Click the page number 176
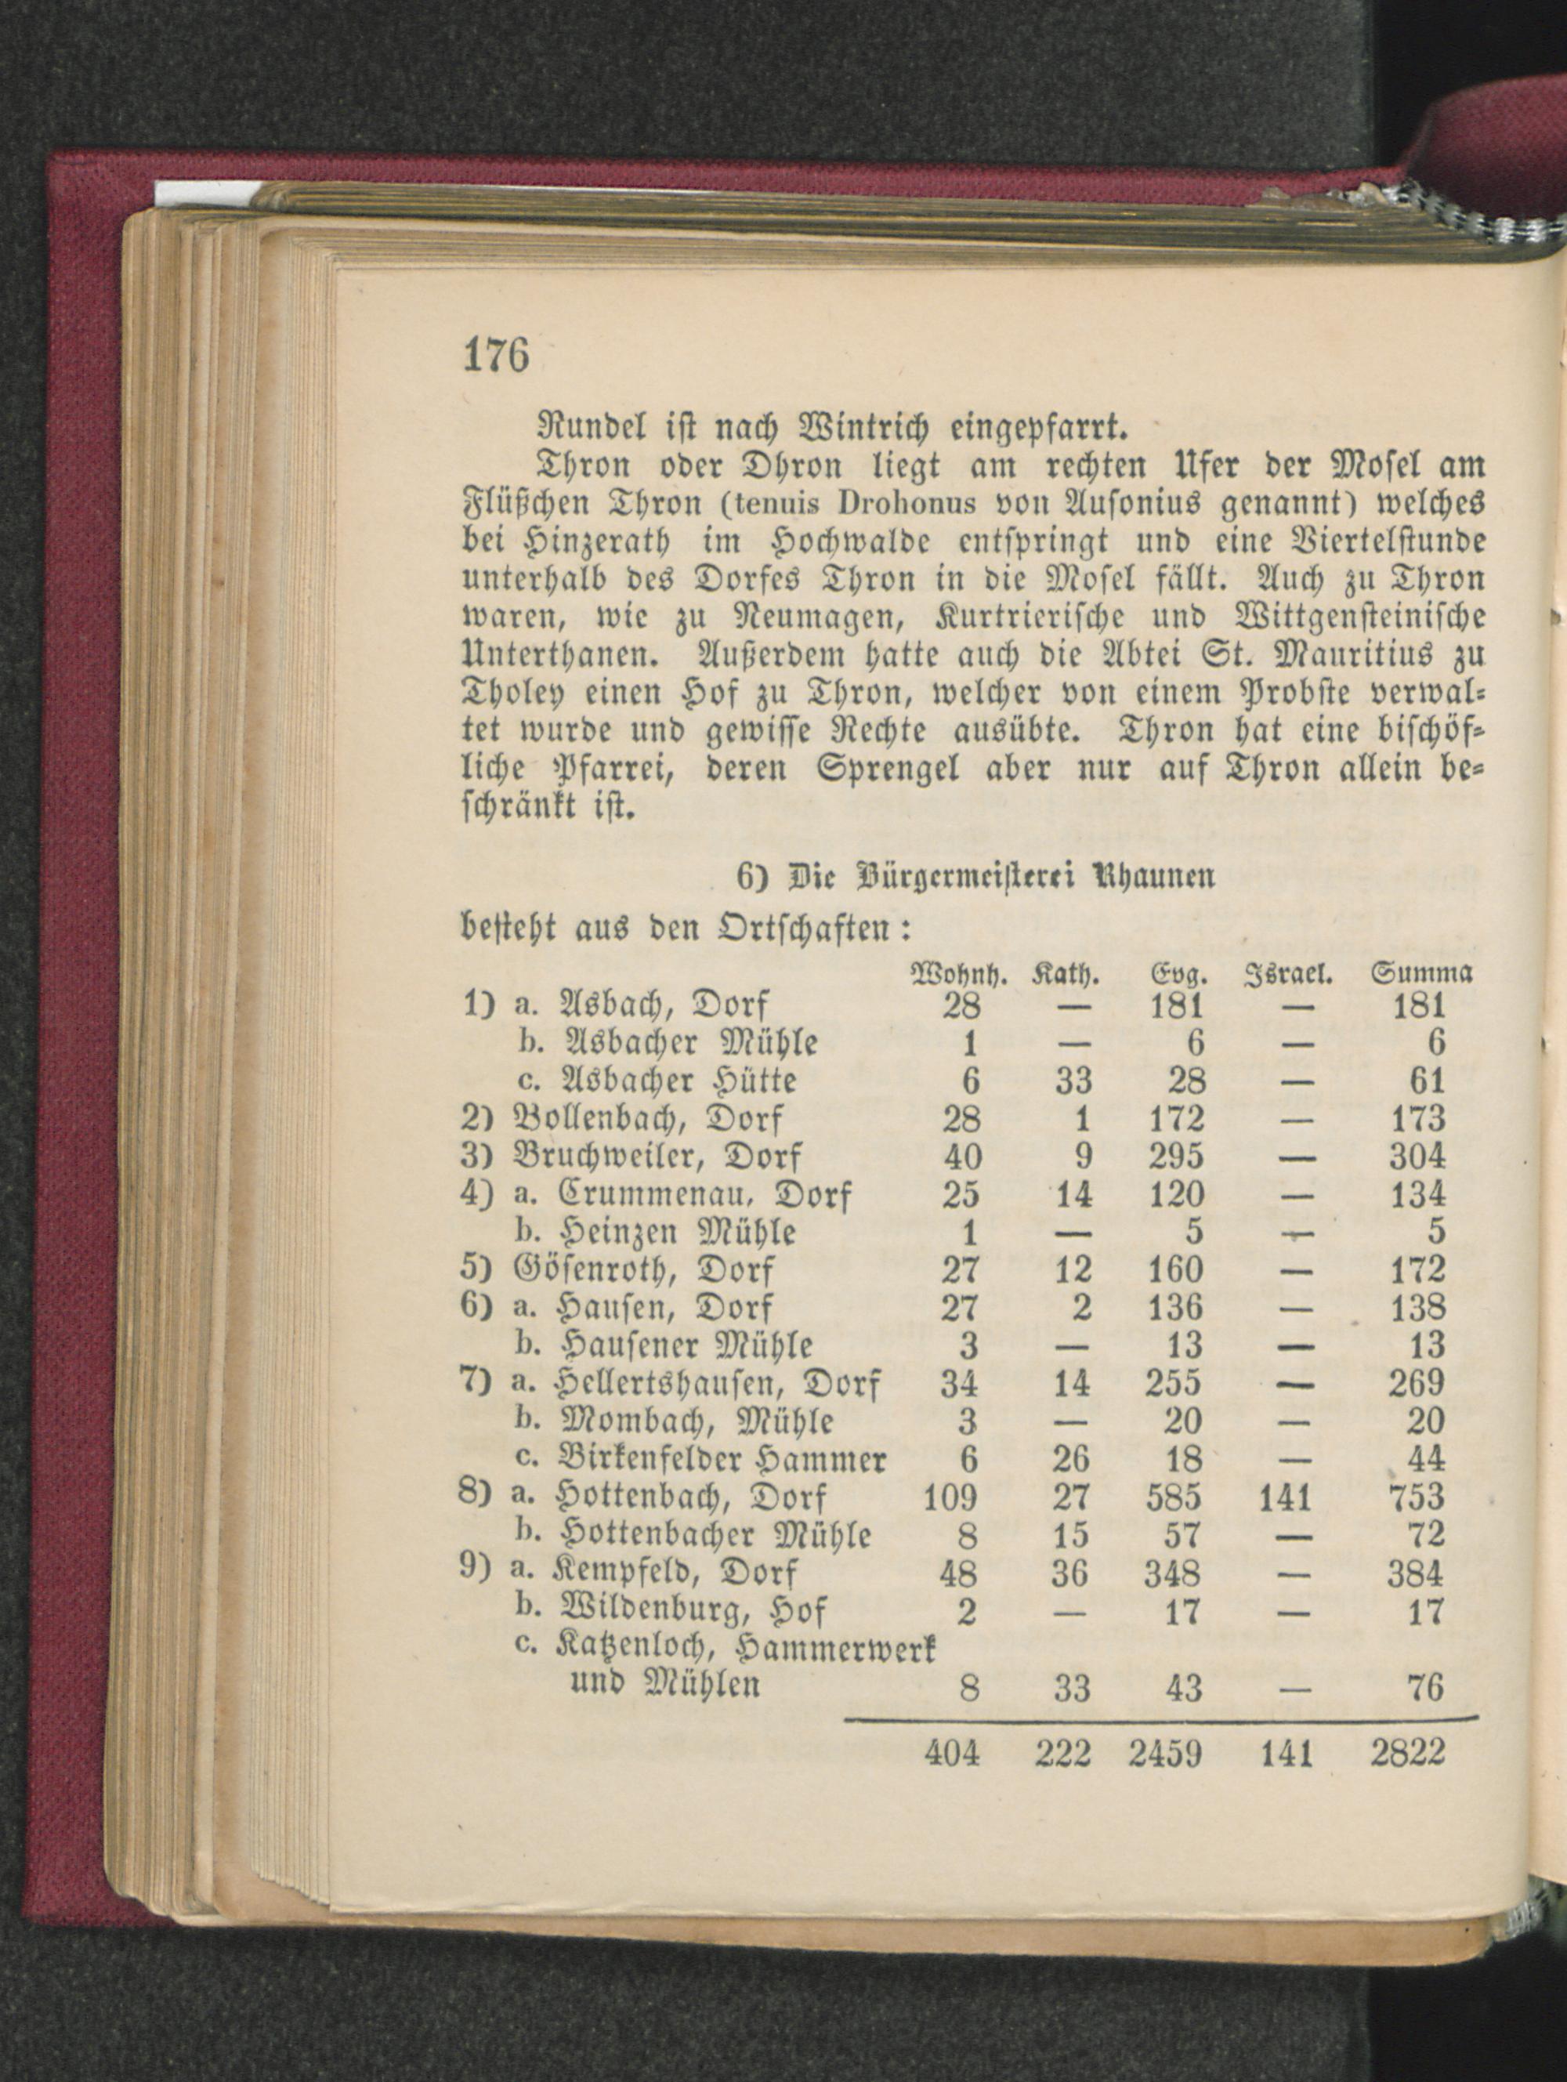[x=497, y=356]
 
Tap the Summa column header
[x=1421, y=974]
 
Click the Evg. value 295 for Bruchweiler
[x=1177, y=1157]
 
